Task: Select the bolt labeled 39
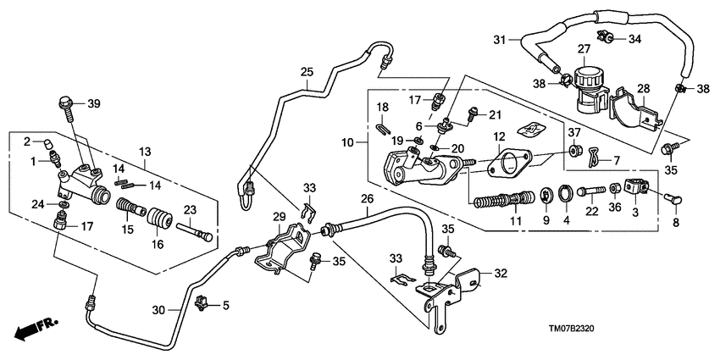click(65, 106)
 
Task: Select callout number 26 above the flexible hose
click(368, 201)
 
